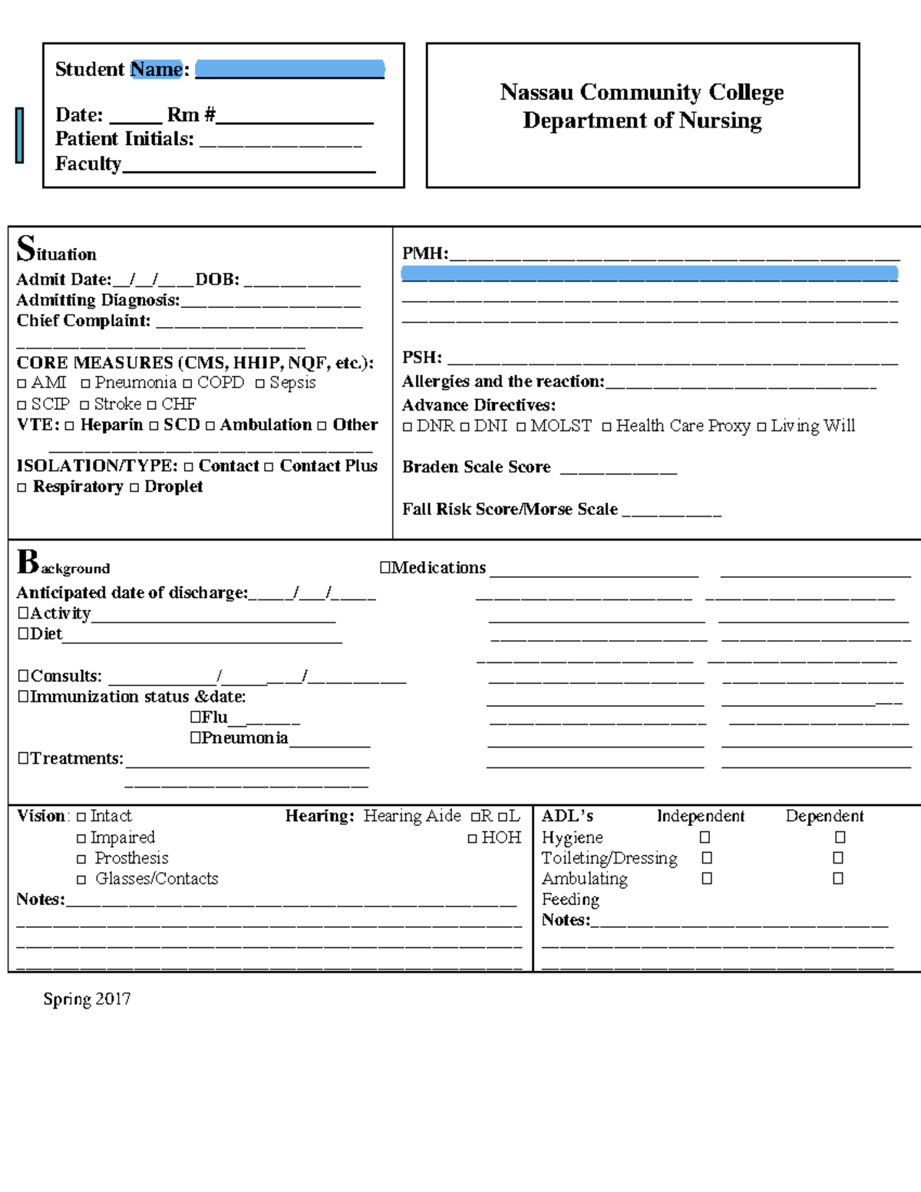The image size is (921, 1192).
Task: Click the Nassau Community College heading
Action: (x=642, y=92)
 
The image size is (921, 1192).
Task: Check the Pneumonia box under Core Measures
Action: (x=85, y=383)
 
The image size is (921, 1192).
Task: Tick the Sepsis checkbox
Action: (x=260, y=383)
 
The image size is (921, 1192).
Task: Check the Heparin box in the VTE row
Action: (x=70, y=425)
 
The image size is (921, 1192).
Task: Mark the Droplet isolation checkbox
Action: (x=134, y=487)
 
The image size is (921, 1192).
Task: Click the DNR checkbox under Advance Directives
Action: (x=408, y=427)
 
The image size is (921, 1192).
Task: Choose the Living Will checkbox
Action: (x=761, y=427)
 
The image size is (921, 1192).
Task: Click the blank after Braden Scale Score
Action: (x=618, y=469)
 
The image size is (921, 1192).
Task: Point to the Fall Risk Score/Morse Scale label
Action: (x=510, y=509)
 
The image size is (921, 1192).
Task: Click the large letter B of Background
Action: (x=28, y=561)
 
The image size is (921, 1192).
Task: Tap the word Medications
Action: (x=438, y=567)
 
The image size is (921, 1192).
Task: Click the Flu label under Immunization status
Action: (x=214, y=717)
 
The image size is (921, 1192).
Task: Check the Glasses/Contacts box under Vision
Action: (x=81, y=880)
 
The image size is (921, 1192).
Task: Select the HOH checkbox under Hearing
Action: (x=472, y=838)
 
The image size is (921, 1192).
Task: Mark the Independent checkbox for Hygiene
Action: (x=705, y=837)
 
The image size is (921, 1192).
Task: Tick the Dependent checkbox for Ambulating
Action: (x=838, y=878)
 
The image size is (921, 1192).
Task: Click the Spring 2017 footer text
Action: (x=87, y=999)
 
